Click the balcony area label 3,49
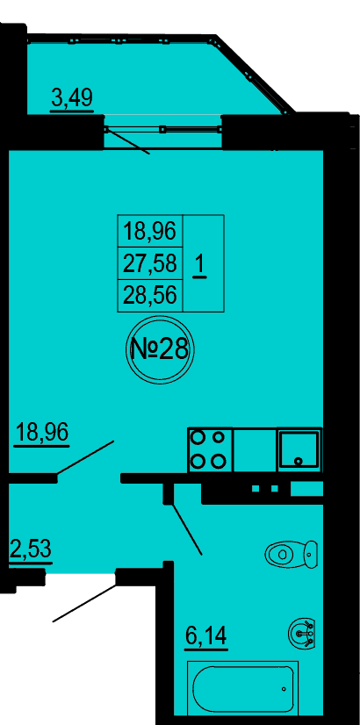pos(72,98)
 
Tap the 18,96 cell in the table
pos(150,231)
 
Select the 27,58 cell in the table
pos(150,263)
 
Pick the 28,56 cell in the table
pos(150,295)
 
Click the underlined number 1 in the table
pos(200,267)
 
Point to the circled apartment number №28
pos(160,349)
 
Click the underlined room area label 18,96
pos(42,433)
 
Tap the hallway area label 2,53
pos(31,550)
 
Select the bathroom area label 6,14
pos(206,636)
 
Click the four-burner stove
pos(211,449)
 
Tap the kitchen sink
pos(299,449)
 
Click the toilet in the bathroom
pos(292,554)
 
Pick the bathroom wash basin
pos(302,633)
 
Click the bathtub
pos(243,688)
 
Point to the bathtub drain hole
pos(284,689)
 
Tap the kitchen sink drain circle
pos(299,461)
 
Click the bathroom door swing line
pos(187,528)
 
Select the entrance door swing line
pos(84,603)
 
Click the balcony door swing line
pos(127,140)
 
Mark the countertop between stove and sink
pos(255,449)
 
